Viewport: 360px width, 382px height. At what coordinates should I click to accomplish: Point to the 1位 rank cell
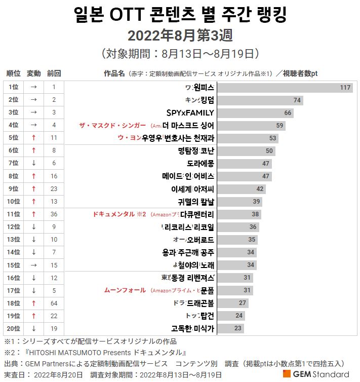pos(14,87)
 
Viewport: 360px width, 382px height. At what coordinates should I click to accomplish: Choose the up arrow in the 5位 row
pos(33,138)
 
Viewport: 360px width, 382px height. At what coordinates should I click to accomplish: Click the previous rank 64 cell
pos(54,303)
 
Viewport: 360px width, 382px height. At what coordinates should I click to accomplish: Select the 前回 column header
pos(54,73)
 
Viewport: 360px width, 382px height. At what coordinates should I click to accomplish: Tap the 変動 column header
pos(33,73)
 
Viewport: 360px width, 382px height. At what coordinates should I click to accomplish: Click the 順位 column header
pos(14,73)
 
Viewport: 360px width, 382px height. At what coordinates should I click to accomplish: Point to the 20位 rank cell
pos(14,328)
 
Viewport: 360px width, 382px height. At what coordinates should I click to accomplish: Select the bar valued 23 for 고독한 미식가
pos(231,328)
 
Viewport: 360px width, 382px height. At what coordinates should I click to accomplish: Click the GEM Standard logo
pos(316,374)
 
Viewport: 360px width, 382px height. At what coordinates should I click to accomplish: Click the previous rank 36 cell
pos(54,214)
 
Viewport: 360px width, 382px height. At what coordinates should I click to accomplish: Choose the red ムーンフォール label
pos(125,290)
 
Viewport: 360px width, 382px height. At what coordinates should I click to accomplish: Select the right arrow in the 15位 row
pos(33,265)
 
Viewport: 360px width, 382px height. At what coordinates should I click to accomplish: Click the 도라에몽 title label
pos(201,163)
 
